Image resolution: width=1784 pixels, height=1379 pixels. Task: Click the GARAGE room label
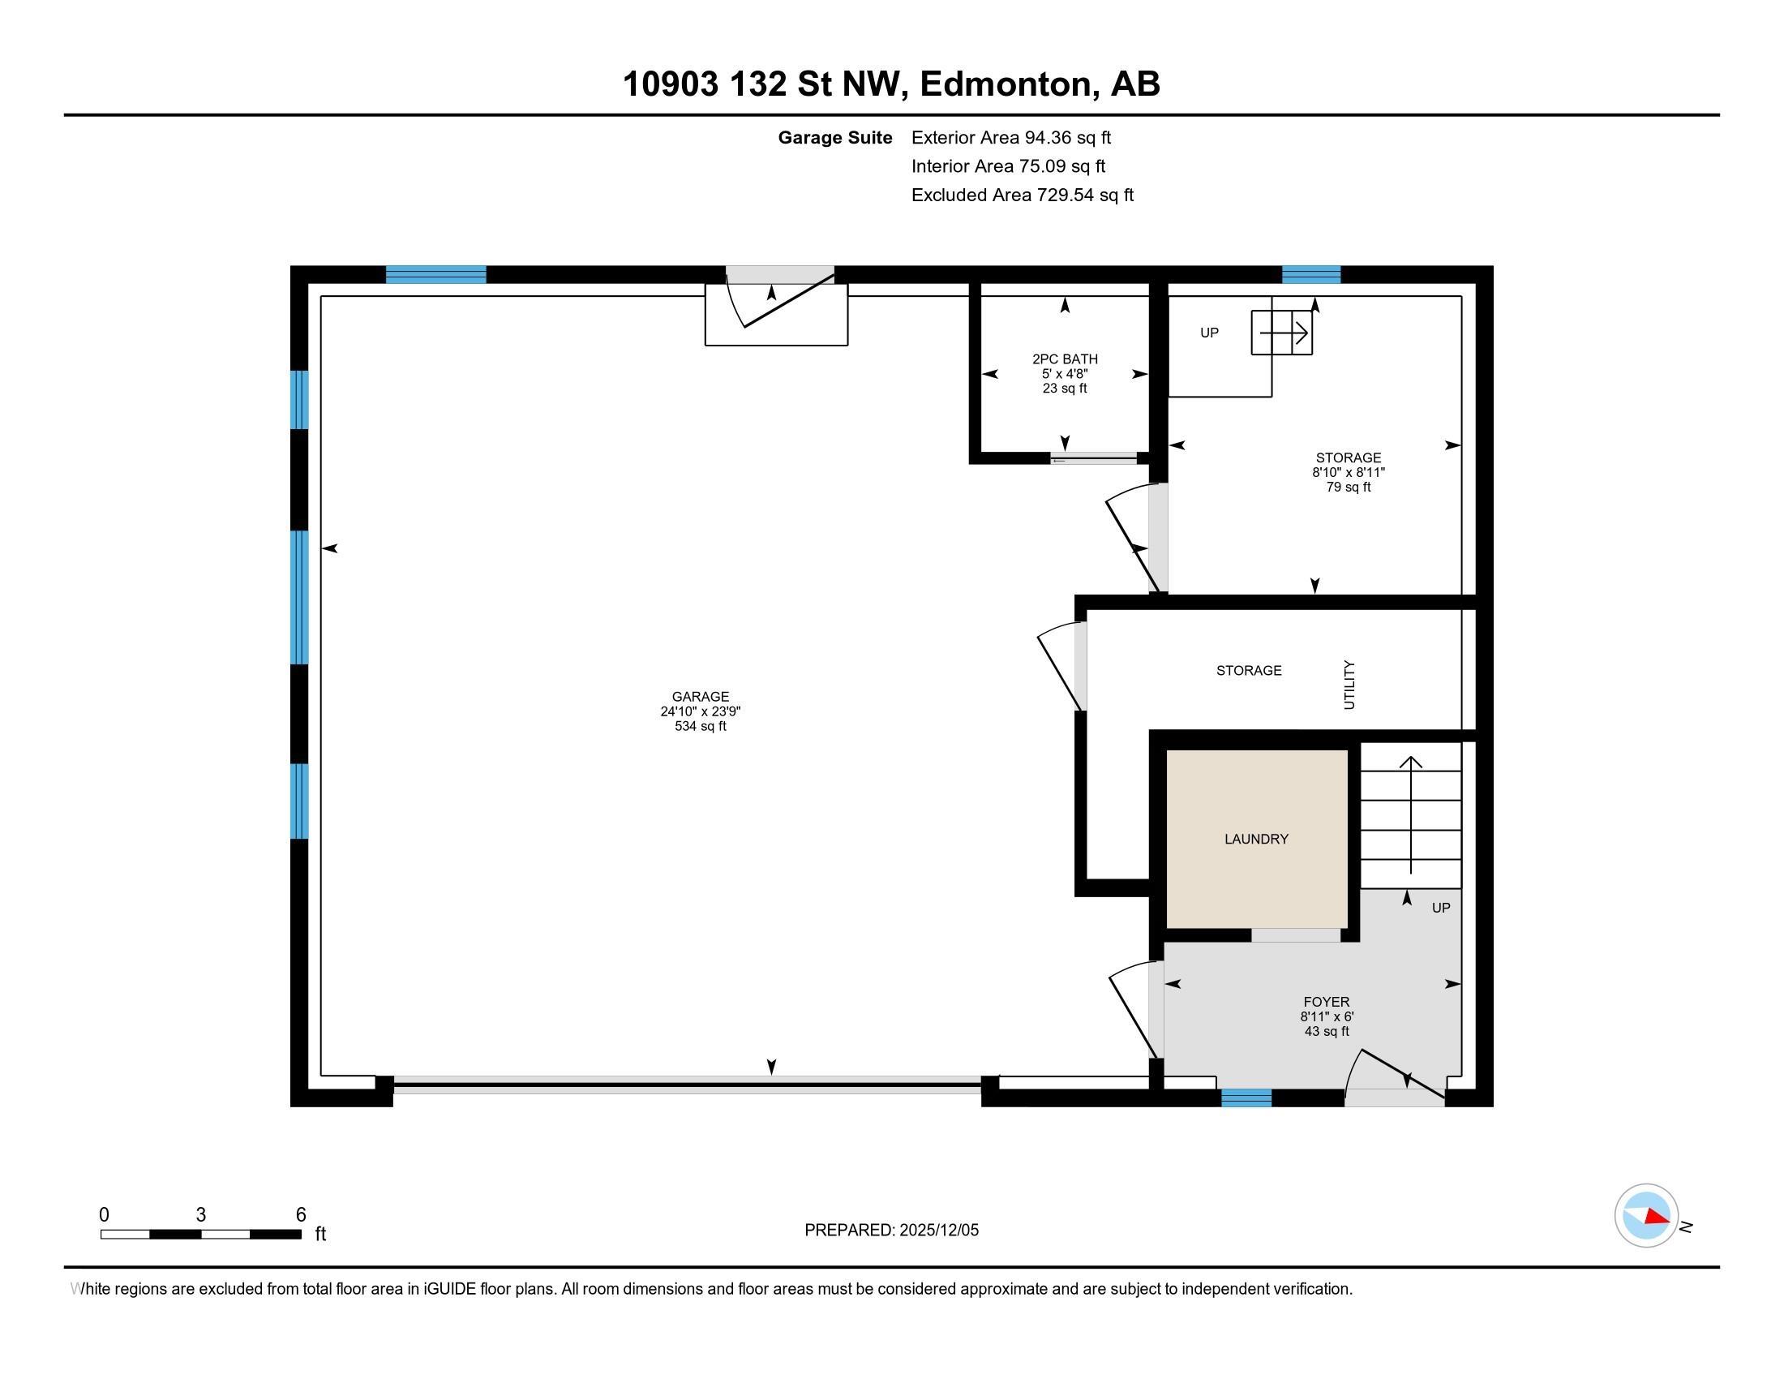[700, 697]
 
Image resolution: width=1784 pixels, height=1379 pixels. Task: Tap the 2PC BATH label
[1065, 359]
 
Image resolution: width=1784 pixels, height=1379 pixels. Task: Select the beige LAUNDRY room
[1256, 839]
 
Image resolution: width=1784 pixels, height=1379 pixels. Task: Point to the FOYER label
[1326, 1002]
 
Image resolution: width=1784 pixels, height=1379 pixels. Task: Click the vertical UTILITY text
[1349, 685]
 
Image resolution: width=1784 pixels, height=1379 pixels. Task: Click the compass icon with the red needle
[1646, 1216]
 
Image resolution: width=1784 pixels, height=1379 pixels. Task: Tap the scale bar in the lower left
[201, 1235]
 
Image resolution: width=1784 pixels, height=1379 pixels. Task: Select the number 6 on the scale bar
[301, 1214]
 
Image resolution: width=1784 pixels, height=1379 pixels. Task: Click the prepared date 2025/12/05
[938, 1231]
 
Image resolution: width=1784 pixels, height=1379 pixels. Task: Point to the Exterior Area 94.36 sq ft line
[1011, 137]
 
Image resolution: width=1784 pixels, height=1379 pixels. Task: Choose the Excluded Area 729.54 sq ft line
[1023, 195]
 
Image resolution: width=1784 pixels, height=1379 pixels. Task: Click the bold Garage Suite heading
[834, 137]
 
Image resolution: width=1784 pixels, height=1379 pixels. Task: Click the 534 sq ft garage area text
[700, 726]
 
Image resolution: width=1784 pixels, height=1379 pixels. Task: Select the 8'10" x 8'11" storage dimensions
[1349, 472]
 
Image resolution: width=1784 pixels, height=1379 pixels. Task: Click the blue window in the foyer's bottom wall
[1246, 1098]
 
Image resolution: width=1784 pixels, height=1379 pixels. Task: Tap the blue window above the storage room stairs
[1311, 274]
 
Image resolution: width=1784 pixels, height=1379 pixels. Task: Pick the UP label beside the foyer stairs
[1441, 908]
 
